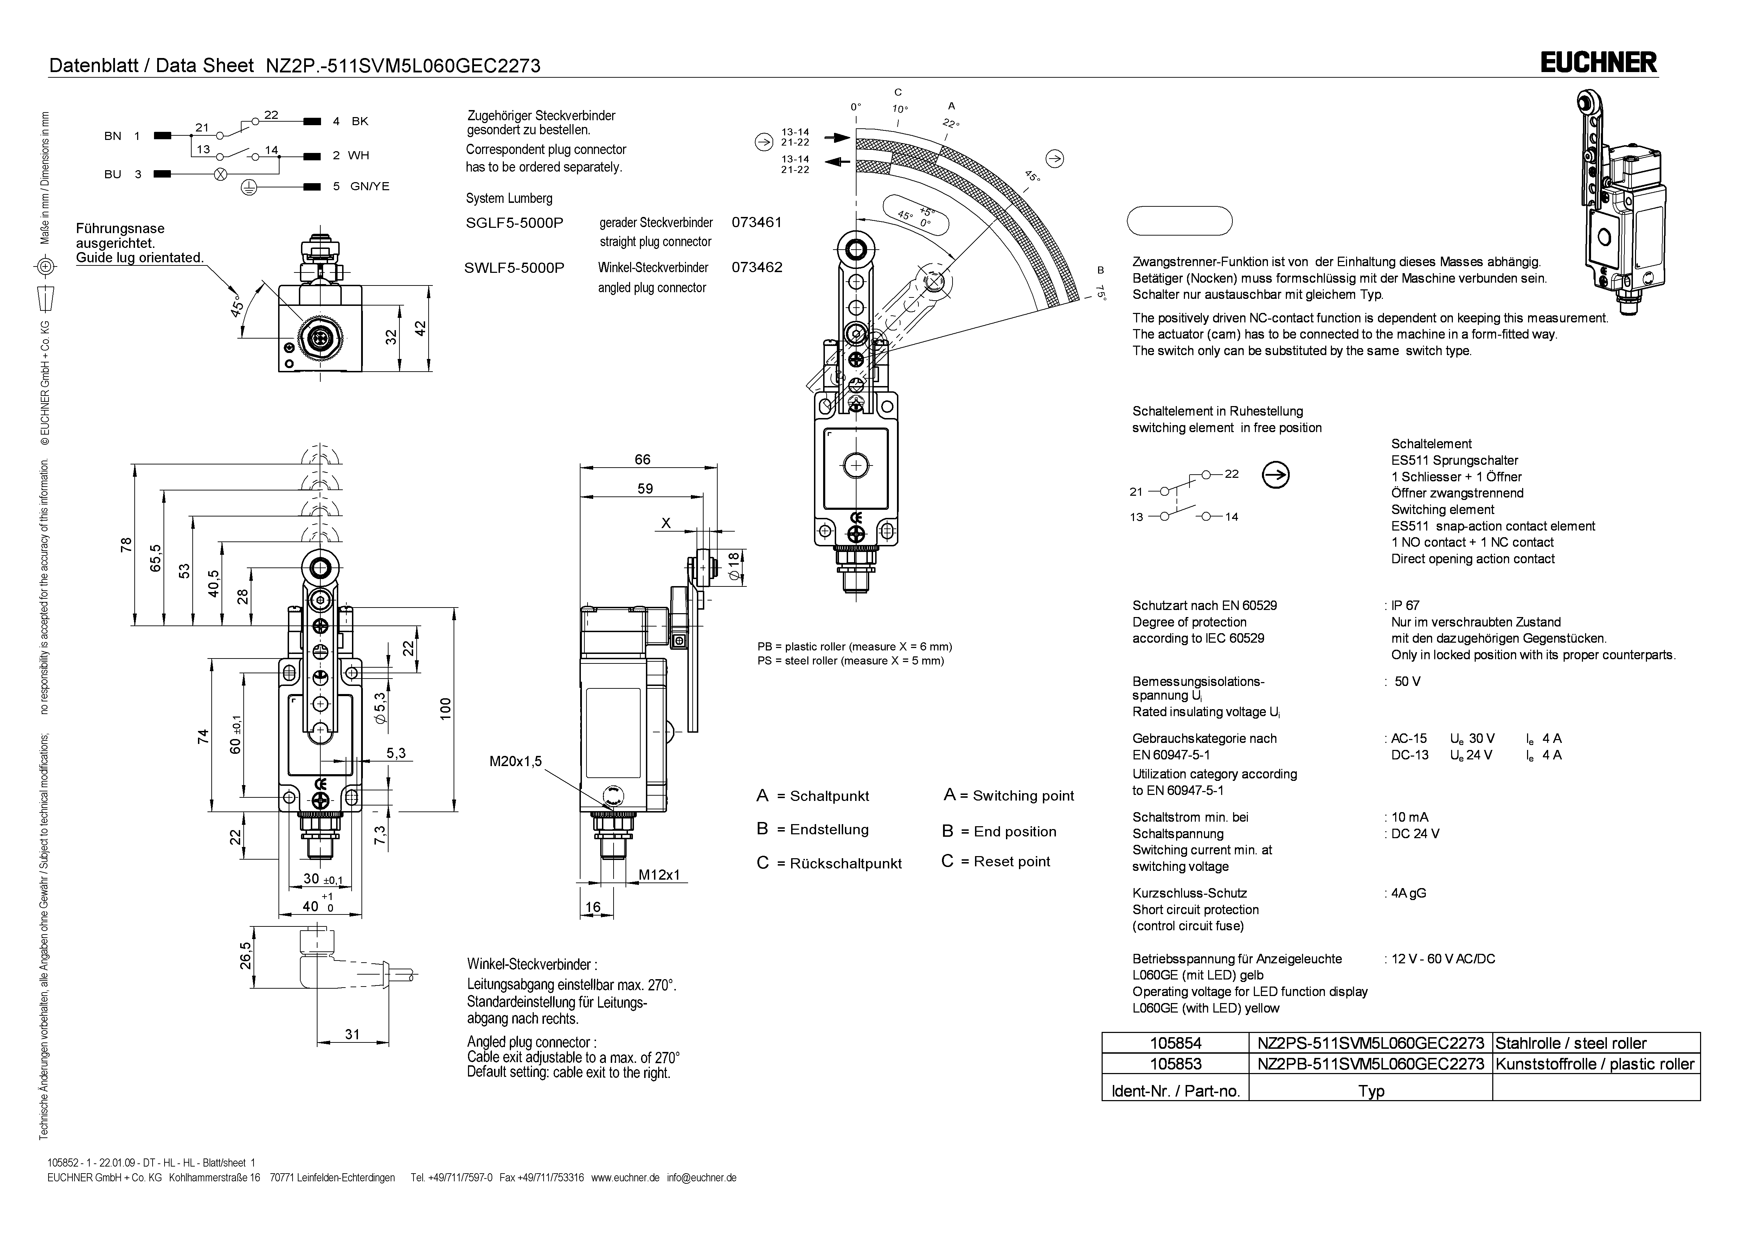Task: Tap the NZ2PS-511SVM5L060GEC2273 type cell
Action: pos(1370,1043)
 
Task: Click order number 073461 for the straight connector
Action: pos(757,223)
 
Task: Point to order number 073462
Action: pos(757,268)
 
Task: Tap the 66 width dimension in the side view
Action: pos(643,460)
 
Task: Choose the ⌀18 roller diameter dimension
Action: pos(733,566)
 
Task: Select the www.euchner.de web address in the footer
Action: pos(624,1177)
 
